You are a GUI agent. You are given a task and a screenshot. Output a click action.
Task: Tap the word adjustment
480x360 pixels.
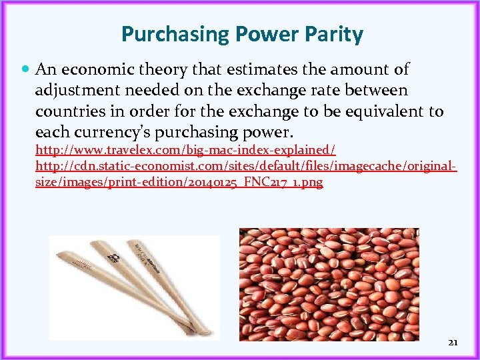coord(73,89)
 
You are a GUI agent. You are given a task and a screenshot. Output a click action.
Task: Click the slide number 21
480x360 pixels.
coord(453,342)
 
